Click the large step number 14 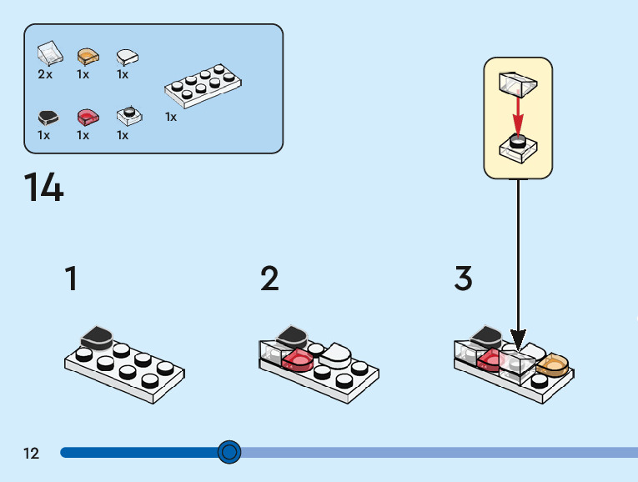pyautogui.click(x=43, y=188)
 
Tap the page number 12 pyautogui.click(x=31, y=454)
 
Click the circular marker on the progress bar pyautogui.click(x=229, y=452)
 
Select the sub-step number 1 pyautogui.click(x=72, y=279)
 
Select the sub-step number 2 pyautogui.click(x=269, y=279)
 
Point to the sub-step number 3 pyautogui.click(x=464, y=279)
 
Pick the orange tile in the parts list pyautogui.click(x=88, y=57)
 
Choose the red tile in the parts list pyautogui.click(x=87, y=116)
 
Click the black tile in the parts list pyautogui.click(x=48, y=117)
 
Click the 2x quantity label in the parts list pyautogui.click(x=45, y=74)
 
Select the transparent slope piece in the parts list pyautogui.click(x=49, y=54)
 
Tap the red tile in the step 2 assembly pyautogui.click(x=298, y=359)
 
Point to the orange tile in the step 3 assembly pyautogui.click(x=552, y=364)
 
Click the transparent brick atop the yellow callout pyautogui.click(x=516, y=83)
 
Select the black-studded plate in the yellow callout pyautogui.click(x=518, y=147)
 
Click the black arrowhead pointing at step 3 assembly pyautogui.click(x=519, y=340)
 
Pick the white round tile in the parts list pyautogui.click(x=127, y=57)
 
